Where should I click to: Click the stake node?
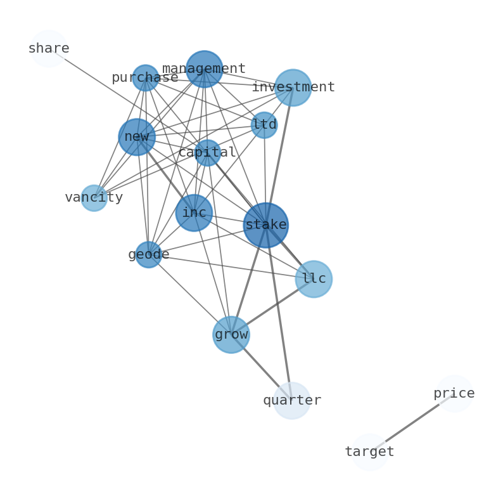265,225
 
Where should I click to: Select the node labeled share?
48,49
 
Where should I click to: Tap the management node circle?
204,69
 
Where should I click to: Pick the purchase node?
145,78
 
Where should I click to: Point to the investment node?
293,88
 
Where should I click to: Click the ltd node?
264,125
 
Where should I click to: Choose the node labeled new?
137,137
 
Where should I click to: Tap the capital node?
207,153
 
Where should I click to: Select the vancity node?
94,198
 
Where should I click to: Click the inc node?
194,213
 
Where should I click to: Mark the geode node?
148,255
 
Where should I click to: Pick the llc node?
314,279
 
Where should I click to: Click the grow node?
231,335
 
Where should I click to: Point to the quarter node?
291,401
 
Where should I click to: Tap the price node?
454,394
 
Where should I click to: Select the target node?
369,452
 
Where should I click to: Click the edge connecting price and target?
412,423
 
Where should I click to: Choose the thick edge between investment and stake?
279,155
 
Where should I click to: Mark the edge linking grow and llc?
272,307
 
